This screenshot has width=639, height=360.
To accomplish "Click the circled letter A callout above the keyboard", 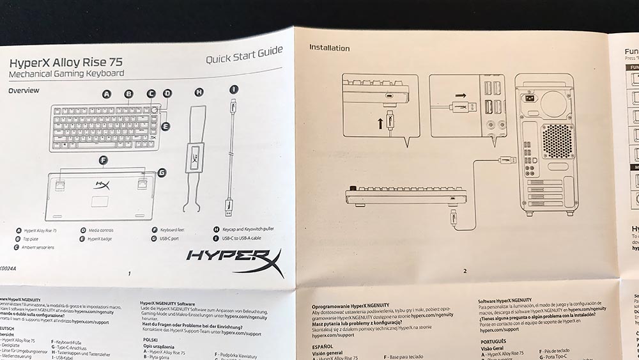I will (107, 93).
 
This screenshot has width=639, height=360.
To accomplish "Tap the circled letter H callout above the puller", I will (199, 92).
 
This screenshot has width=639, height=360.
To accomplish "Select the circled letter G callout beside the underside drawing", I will (162, 172).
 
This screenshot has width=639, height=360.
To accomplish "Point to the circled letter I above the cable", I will (234, 90).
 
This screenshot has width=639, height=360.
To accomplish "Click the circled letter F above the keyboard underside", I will (103, 159).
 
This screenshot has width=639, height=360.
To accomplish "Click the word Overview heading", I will (24, 91).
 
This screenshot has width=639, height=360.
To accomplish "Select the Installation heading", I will (329, 48).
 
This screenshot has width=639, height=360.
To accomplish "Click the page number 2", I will (465, 271).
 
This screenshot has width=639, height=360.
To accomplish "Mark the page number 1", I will (130, 274).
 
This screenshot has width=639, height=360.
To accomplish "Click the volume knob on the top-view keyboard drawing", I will (155, 109).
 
